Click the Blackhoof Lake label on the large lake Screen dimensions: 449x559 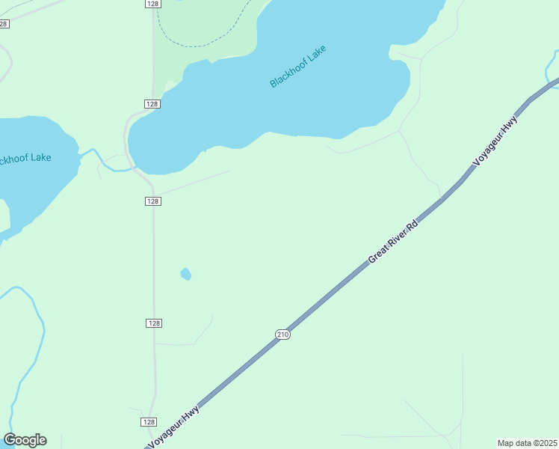coord(299,67)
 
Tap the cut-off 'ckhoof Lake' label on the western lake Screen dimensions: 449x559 coord(25,158)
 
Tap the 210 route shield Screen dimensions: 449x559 coord(282,334)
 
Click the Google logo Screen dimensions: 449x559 coord(25,440)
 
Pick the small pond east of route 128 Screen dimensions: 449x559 coord(186,275)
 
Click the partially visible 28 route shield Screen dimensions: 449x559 coord(4,24)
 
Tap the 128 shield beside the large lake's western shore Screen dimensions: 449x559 coord(152,104)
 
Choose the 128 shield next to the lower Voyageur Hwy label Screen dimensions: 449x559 coord(148,422)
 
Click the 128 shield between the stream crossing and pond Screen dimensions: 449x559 coord(152,201)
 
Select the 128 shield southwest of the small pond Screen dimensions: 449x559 coord(153,323)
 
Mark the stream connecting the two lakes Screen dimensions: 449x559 coord(101,159)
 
